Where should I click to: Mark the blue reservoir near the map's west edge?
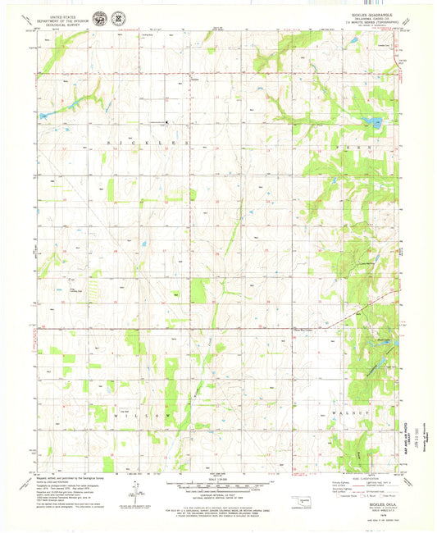(x=43, y=116)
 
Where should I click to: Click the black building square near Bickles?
(x=167, y=123)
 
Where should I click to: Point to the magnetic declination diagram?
(x=130, y=492)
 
